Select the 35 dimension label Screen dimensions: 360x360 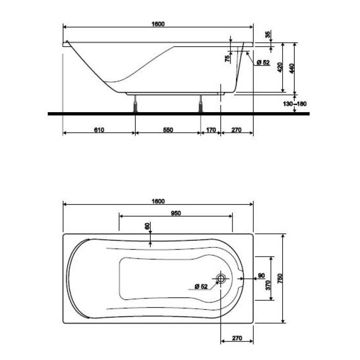tap(267, 34)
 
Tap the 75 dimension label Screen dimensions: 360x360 tap(227, 58)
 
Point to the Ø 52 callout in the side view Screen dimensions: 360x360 tap(262, 63)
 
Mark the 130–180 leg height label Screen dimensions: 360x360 tap(295, 104)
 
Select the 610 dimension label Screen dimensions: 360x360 tap(99, 130)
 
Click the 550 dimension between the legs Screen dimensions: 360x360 tap(168, 130)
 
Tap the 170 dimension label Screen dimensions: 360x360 tap(210, 130)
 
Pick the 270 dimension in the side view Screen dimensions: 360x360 tap(236, 130)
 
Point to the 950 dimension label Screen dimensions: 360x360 tap(175, 213)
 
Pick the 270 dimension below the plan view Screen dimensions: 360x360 tap(236, 338)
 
